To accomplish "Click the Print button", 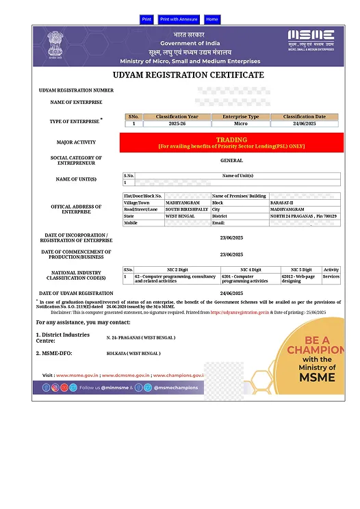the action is pyautogui.click(x=146, y=20).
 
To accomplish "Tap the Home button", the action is pyautogui.click(x=212, y=20).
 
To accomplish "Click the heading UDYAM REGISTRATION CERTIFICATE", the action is pyautogui.click(x=188, y=75).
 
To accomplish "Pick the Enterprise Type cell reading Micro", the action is pyautogui.click(x=241, y=124).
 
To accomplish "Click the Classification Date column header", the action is pyautogui.click(x=305, y=117).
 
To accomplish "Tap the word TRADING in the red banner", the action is pyautogui.click(x=231, y=140).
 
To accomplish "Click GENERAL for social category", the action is pyautogui.click(x=231, y=161).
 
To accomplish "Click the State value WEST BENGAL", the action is pyautogui.click(x=180, y=216).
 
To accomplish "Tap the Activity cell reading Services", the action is pyautogui.click(x=331, y=276).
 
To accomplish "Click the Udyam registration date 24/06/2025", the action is pyautogui.click(x=231, y=293).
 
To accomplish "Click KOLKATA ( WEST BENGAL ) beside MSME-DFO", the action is pyautogui.click(x=133, y=354).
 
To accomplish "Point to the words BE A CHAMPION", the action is pyautogui.click(x=317, y=345).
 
